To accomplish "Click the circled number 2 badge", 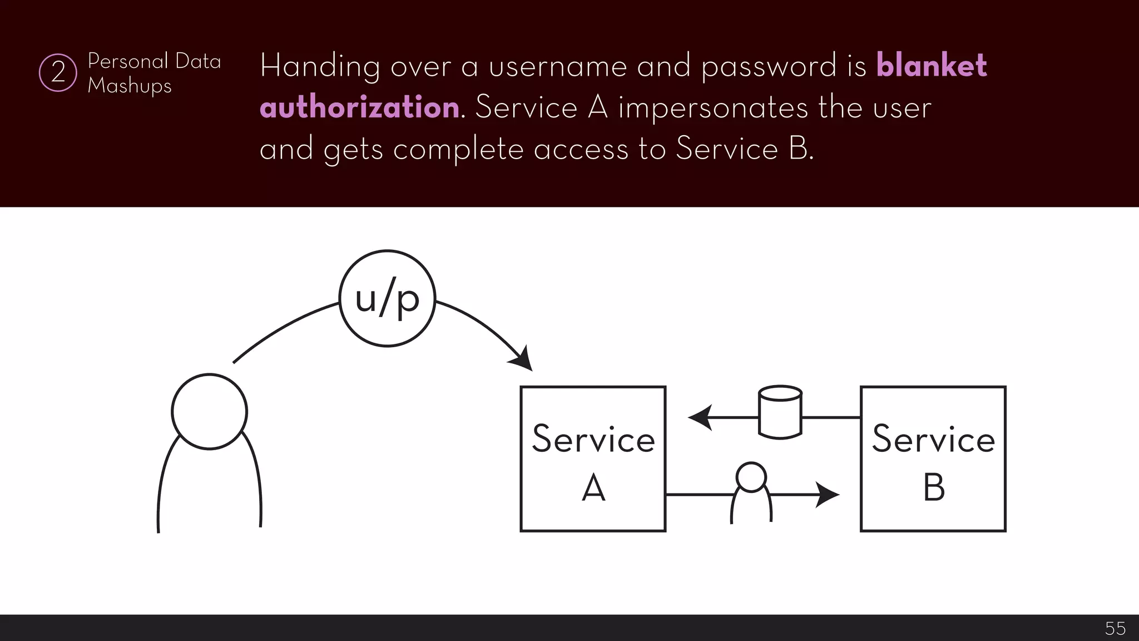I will [x=58, y=72].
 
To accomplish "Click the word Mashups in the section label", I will [x=130, y=86].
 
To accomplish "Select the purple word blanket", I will [x=932, y=66].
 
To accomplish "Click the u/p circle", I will [x=387, y=299].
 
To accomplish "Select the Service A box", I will [x=593, y=458].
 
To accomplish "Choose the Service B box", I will [x=933, y=458].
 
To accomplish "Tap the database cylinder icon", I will [x=780, y=412].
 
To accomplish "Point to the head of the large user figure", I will [x=209, y=411].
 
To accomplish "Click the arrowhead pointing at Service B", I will [x=828, y=494].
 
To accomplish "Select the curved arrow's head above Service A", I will [x=522, y=359].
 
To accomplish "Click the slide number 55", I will [x=1115, y=628].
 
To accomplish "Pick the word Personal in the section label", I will [x=128, y=61].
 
